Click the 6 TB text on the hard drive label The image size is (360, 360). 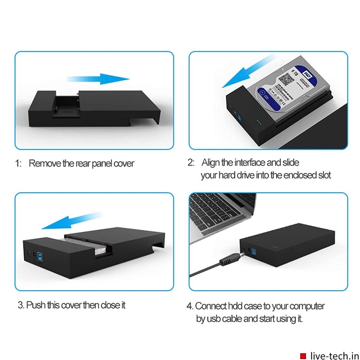tap(295, 72)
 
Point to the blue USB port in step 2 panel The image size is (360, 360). tap(240, 118)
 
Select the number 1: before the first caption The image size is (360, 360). tap(19, 163)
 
